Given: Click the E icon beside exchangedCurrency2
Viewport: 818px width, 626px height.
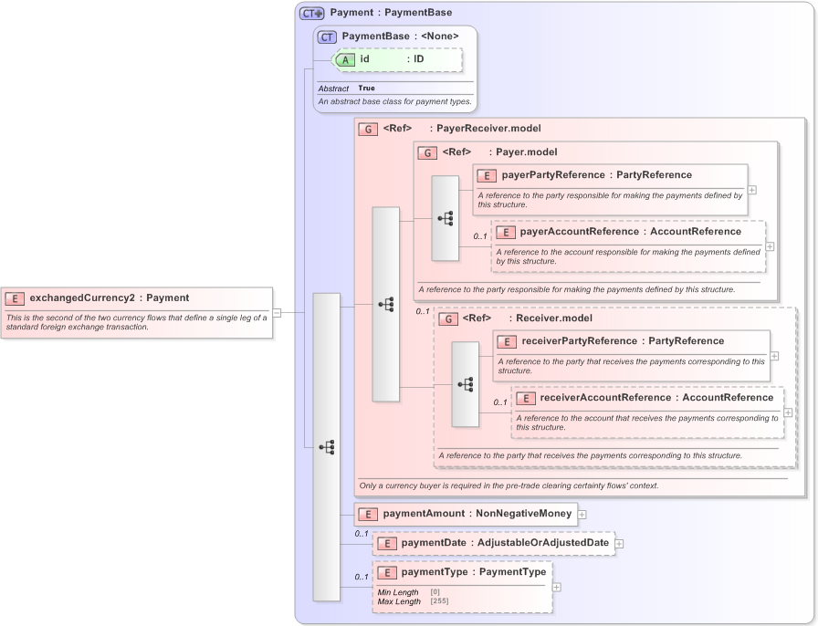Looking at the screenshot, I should [15, 297].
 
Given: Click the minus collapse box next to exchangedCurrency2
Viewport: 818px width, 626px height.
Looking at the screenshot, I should [277, 313].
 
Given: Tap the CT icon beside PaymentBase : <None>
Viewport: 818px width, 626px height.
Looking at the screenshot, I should [327, 37].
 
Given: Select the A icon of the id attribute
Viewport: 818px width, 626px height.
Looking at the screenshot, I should [346, 59].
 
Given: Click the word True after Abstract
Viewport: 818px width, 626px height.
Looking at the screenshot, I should [366, 89].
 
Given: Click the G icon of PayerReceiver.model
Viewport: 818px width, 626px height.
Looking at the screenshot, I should [368, 130].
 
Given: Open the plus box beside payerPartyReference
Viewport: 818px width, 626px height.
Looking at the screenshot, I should [751, 190].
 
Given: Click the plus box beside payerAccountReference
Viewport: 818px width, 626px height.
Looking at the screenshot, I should [770, 246].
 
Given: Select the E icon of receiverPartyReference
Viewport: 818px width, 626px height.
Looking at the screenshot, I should [507, 341].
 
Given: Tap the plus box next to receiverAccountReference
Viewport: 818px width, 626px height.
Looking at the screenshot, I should [788, 412].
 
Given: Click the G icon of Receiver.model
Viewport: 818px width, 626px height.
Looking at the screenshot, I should [447, 318].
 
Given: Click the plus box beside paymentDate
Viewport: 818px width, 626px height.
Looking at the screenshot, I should [619, 544].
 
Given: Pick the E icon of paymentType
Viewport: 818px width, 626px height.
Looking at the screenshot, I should [386, 573].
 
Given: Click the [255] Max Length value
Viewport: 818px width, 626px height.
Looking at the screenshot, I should [440, 601].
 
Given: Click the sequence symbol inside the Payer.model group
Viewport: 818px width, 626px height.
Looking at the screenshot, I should [446, 218].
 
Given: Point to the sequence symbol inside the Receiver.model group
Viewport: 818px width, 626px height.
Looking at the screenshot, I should [466, 384].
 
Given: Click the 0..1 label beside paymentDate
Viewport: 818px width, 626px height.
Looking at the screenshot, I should [362, 534].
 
